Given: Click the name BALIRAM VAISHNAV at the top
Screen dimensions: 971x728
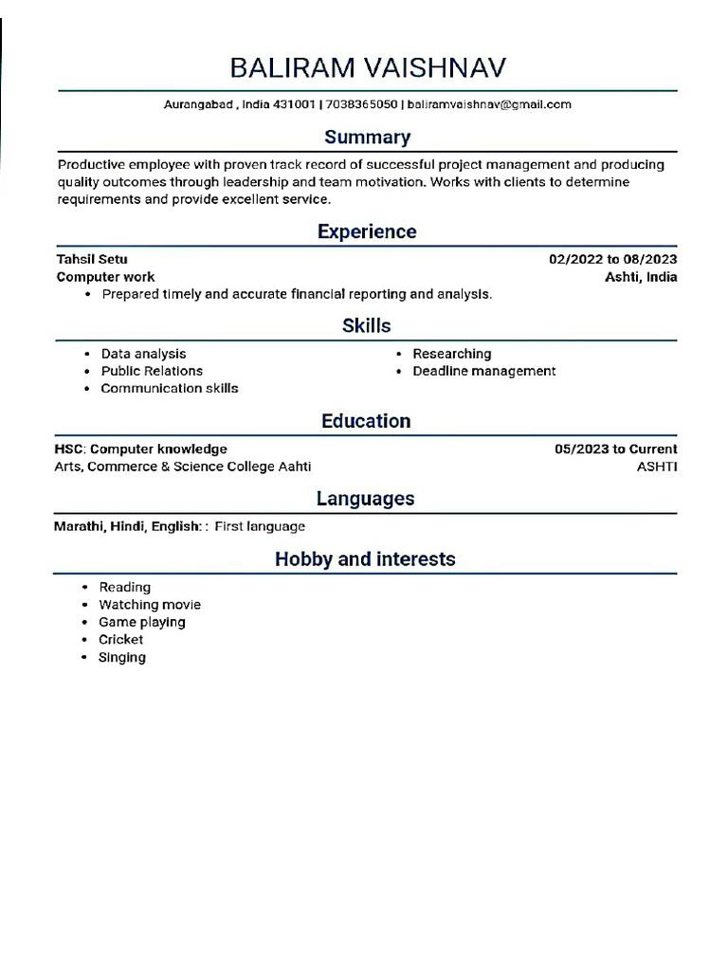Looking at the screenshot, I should [x=368, y=68].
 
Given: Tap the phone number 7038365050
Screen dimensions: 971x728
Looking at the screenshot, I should [x=361, y=104].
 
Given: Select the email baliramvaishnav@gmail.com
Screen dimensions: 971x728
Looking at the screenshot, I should [x=489, y=104].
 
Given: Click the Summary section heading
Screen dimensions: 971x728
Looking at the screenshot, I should [x=367, y=137].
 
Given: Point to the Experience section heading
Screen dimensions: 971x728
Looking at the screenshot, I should [x=367, y=231].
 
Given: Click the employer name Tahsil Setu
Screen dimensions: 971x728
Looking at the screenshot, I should [x=92, y=259].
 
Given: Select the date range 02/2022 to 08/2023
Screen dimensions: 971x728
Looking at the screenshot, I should [x=612, y=259].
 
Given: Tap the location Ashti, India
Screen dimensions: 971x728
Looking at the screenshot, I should [x=641, y=277].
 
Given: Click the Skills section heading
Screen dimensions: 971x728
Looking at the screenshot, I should [x=367, y=326].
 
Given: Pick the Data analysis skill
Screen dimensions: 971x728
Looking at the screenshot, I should [x=143, y=354].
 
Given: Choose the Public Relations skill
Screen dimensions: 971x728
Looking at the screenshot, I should [x=152, y=371].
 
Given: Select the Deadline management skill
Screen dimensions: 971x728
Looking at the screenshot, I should [x=483, y=371].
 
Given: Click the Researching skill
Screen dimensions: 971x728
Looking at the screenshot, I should [x=451, y=354].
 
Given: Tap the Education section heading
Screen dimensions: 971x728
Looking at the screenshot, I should [x=367, y=421].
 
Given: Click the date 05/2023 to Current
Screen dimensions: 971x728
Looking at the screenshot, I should [x=615, y=449].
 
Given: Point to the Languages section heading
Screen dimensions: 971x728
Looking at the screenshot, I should [x=366, y=499].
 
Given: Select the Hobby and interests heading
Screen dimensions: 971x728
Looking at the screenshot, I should [x=365, y=559].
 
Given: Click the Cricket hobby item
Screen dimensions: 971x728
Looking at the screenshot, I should [x=121, y=640].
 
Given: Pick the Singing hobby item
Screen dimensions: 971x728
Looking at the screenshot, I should [x=122, y=657].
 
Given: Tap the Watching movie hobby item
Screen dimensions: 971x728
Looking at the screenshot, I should [x=150, y=605].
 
